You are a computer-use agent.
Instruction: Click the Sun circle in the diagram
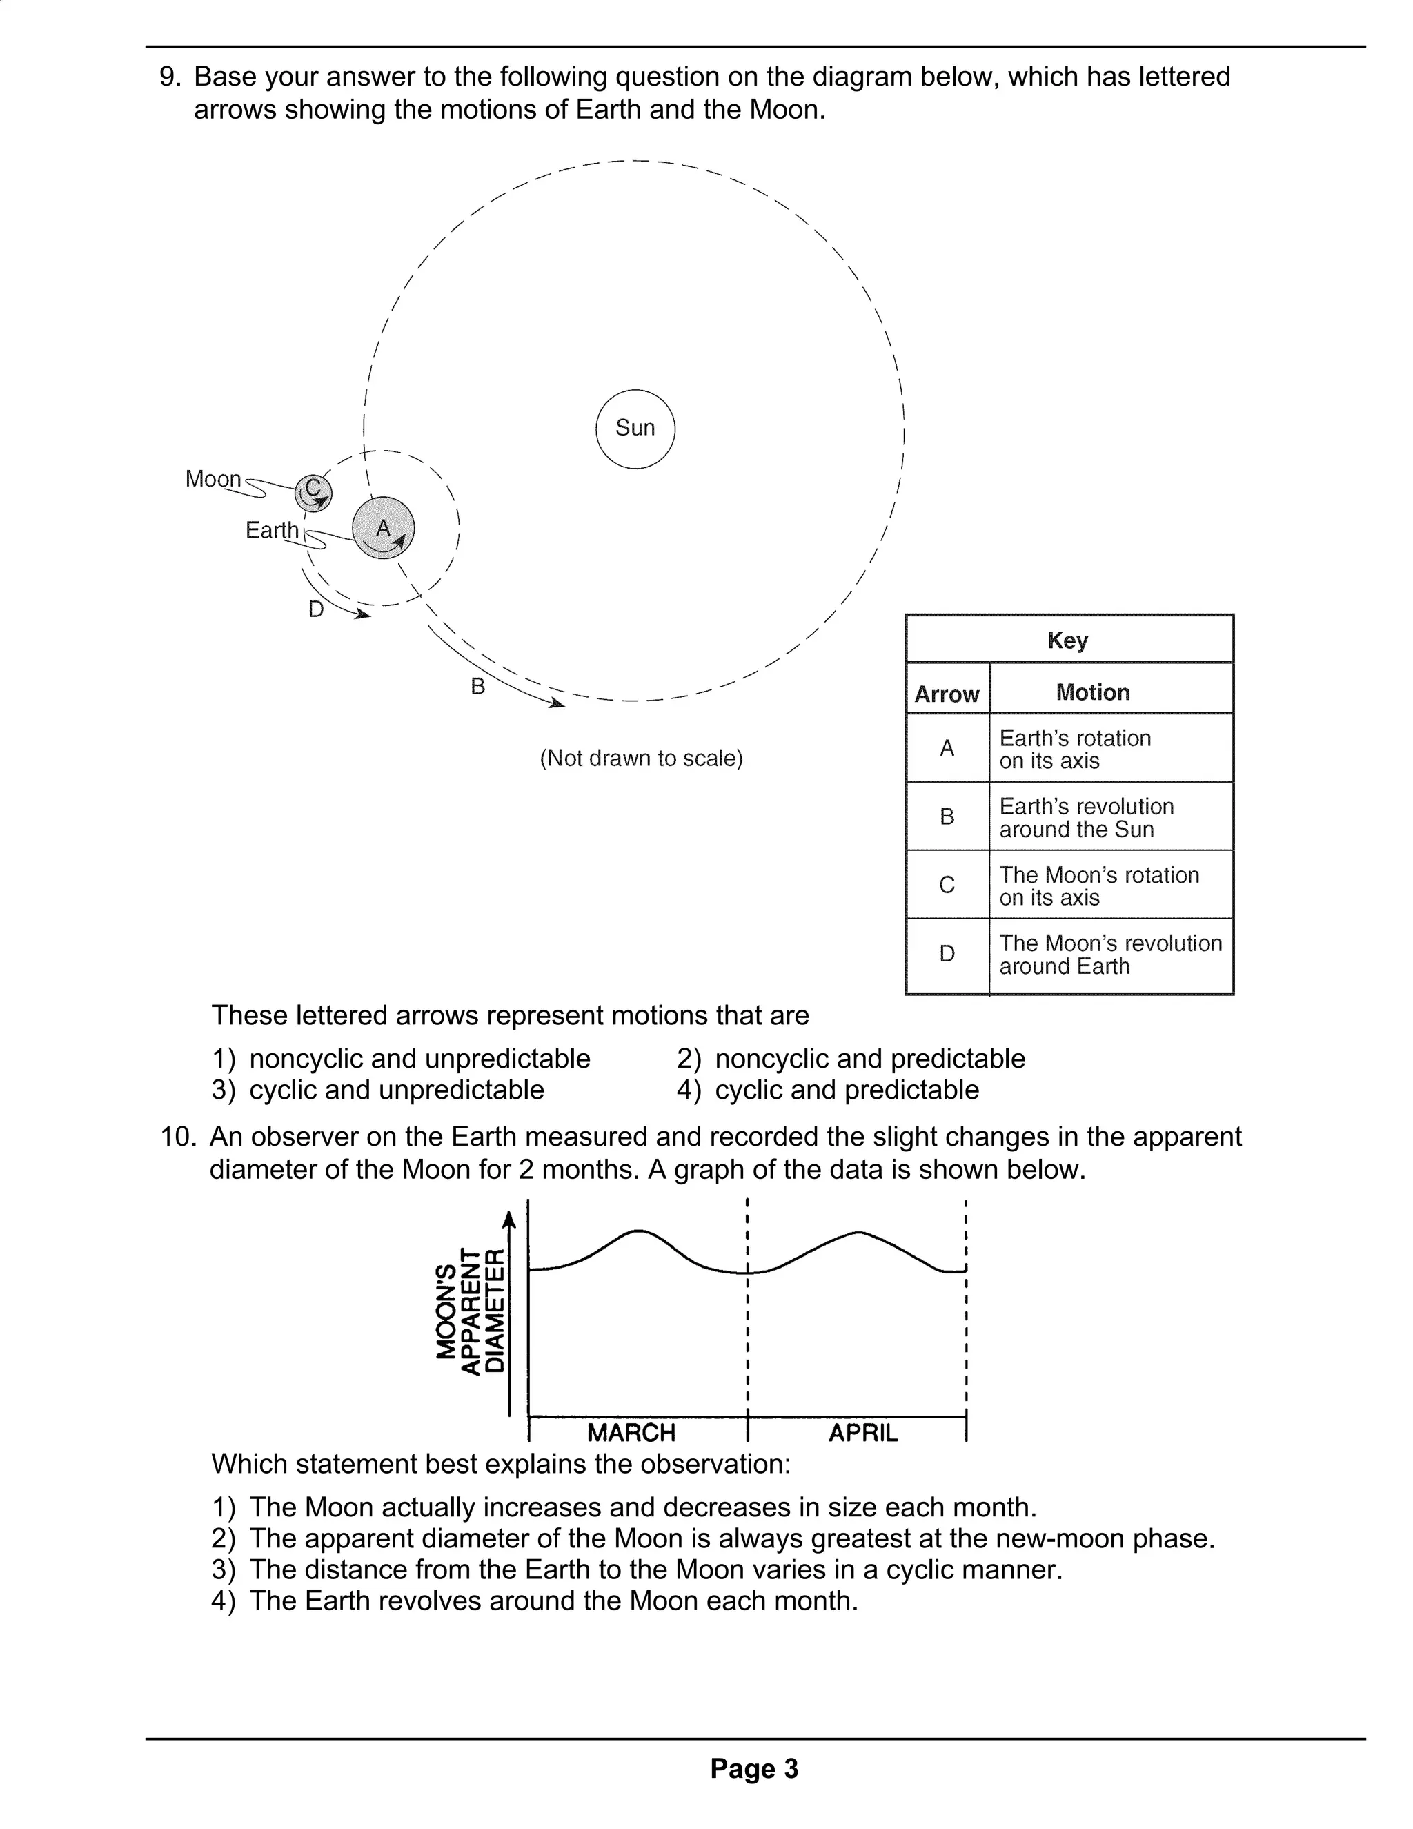click(635, 429)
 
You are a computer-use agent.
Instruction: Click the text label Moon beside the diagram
click(213, 479)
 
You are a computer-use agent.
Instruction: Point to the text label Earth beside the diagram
click(271, 530)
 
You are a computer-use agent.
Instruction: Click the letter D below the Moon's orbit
click(315, 609)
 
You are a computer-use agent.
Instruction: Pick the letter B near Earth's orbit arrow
click(478, 687)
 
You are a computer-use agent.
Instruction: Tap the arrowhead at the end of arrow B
click(557, 704)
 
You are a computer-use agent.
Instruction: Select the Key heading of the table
click(1067, 640)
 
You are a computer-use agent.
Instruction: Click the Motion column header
click(1092, 692)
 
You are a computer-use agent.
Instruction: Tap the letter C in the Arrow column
click(947, 886)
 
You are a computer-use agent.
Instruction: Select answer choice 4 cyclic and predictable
click(845, 1090)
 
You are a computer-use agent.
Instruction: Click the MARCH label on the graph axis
click(631, 1432)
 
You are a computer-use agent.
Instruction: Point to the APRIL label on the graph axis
click(863, 1432)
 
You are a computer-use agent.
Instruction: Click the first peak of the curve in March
click(639, 1231)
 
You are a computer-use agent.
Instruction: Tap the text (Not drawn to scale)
click(641, 759)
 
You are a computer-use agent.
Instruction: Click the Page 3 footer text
click(754, 1769)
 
